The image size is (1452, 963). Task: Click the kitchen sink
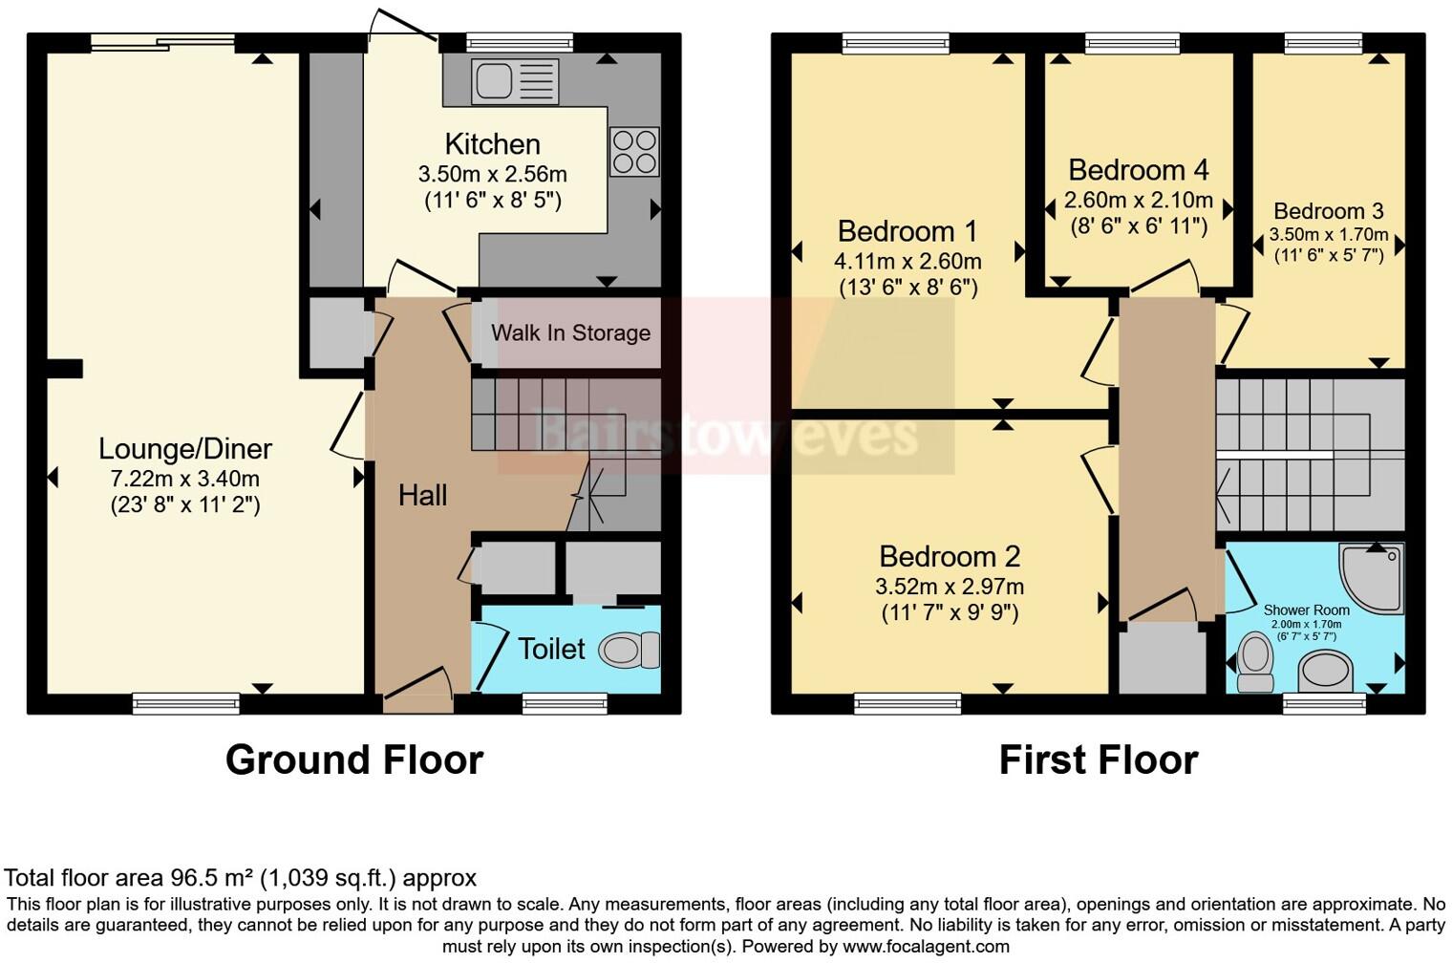click(515, 81)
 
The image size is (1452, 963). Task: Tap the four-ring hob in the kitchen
click(634, 152)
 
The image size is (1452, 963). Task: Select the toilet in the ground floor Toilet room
click(629, 649)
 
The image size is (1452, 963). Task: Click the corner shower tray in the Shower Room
click(1372, 578)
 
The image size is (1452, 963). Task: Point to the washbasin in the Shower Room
click(1326, 672)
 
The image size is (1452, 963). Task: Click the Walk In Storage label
click(570, 332)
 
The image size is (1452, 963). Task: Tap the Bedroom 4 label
click(1139, 170)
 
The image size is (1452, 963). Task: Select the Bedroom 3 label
click(1328, 211)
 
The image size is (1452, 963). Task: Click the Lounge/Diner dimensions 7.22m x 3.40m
click(184, 479)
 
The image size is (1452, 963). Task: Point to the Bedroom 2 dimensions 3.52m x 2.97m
click(950, 587)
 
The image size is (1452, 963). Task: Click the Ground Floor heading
click(354, 760)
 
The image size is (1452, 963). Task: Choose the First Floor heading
click(1099, 760)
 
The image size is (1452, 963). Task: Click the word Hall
click(422, 496)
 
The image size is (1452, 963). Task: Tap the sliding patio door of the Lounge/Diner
click(162, 42)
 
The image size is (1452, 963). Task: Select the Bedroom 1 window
click(896, 43)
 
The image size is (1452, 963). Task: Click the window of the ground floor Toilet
click(566, 703)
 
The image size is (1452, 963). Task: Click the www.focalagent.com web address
click(927, 946)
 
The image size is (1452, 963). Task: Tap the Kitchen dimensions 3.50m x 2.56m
click(493, 174)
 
